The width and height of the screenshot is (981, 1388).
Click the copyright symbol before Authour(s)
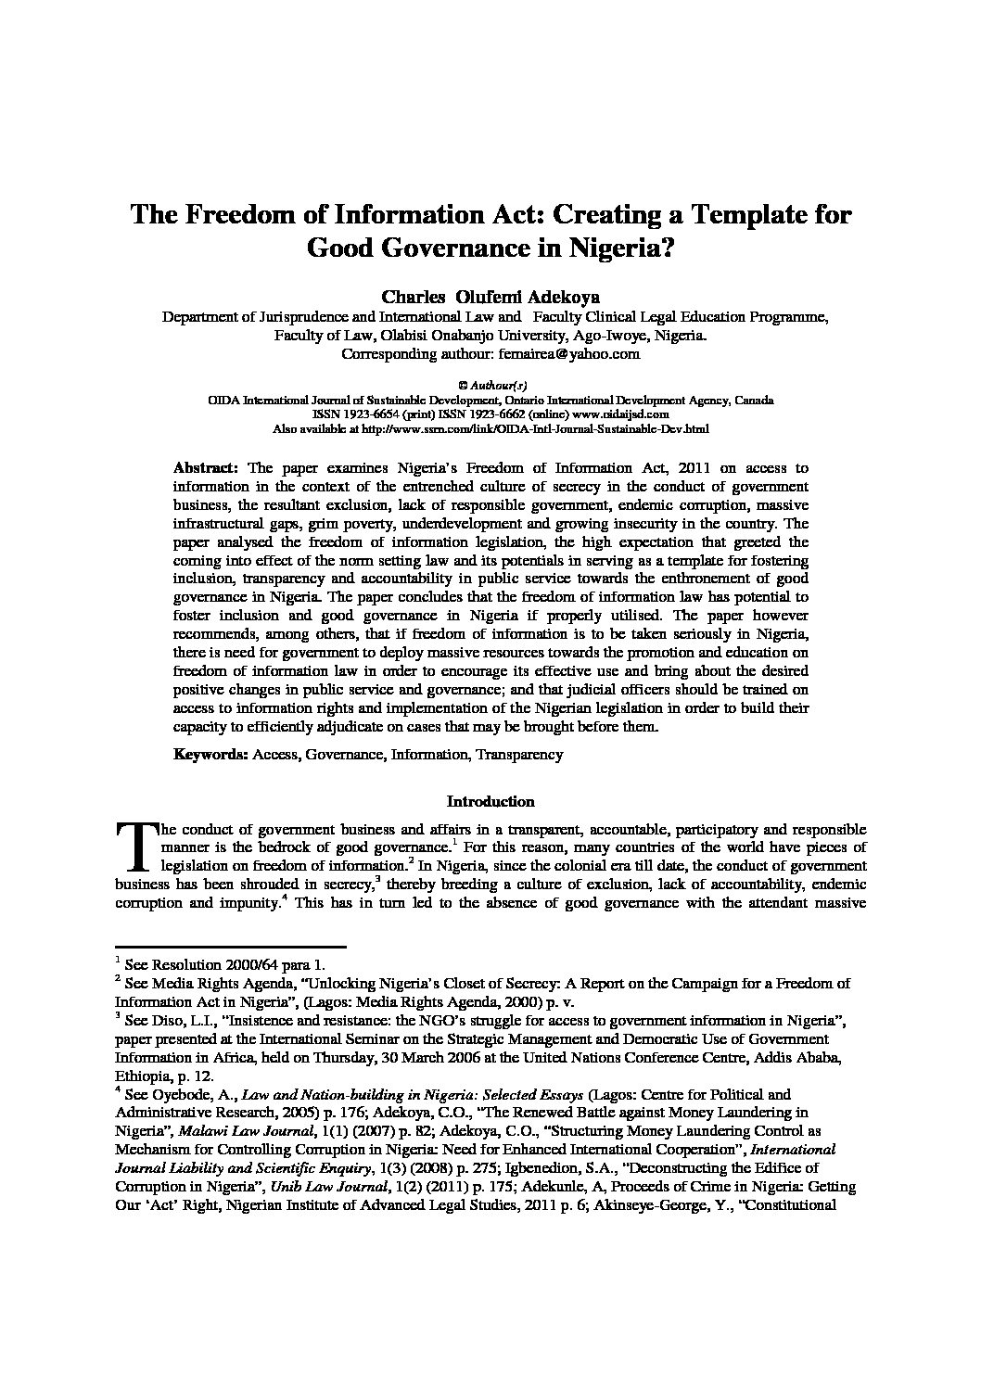(463, 384)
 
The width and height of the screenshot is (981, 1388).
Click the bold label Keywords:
(210, 754)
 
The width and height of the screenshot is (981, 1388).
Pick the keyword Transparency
(519, 754)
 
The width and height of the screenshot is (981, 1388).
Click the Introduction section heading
(490, 801)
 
